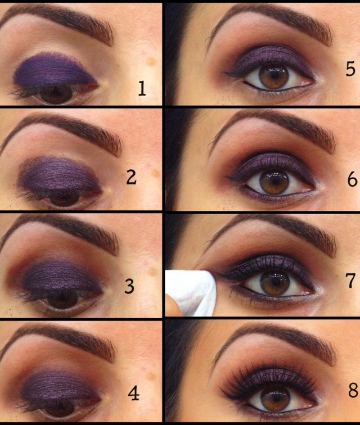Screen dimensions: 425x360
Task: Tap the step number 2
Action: [x=131, y=178]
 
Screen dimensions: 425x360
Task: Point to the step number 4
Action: [x=133, y=394]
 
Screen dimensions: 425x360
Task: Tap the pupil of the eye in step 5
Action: [x=274, y=77]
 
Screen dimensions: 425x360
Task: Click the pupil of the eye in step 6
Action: [x=275, y=181]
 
